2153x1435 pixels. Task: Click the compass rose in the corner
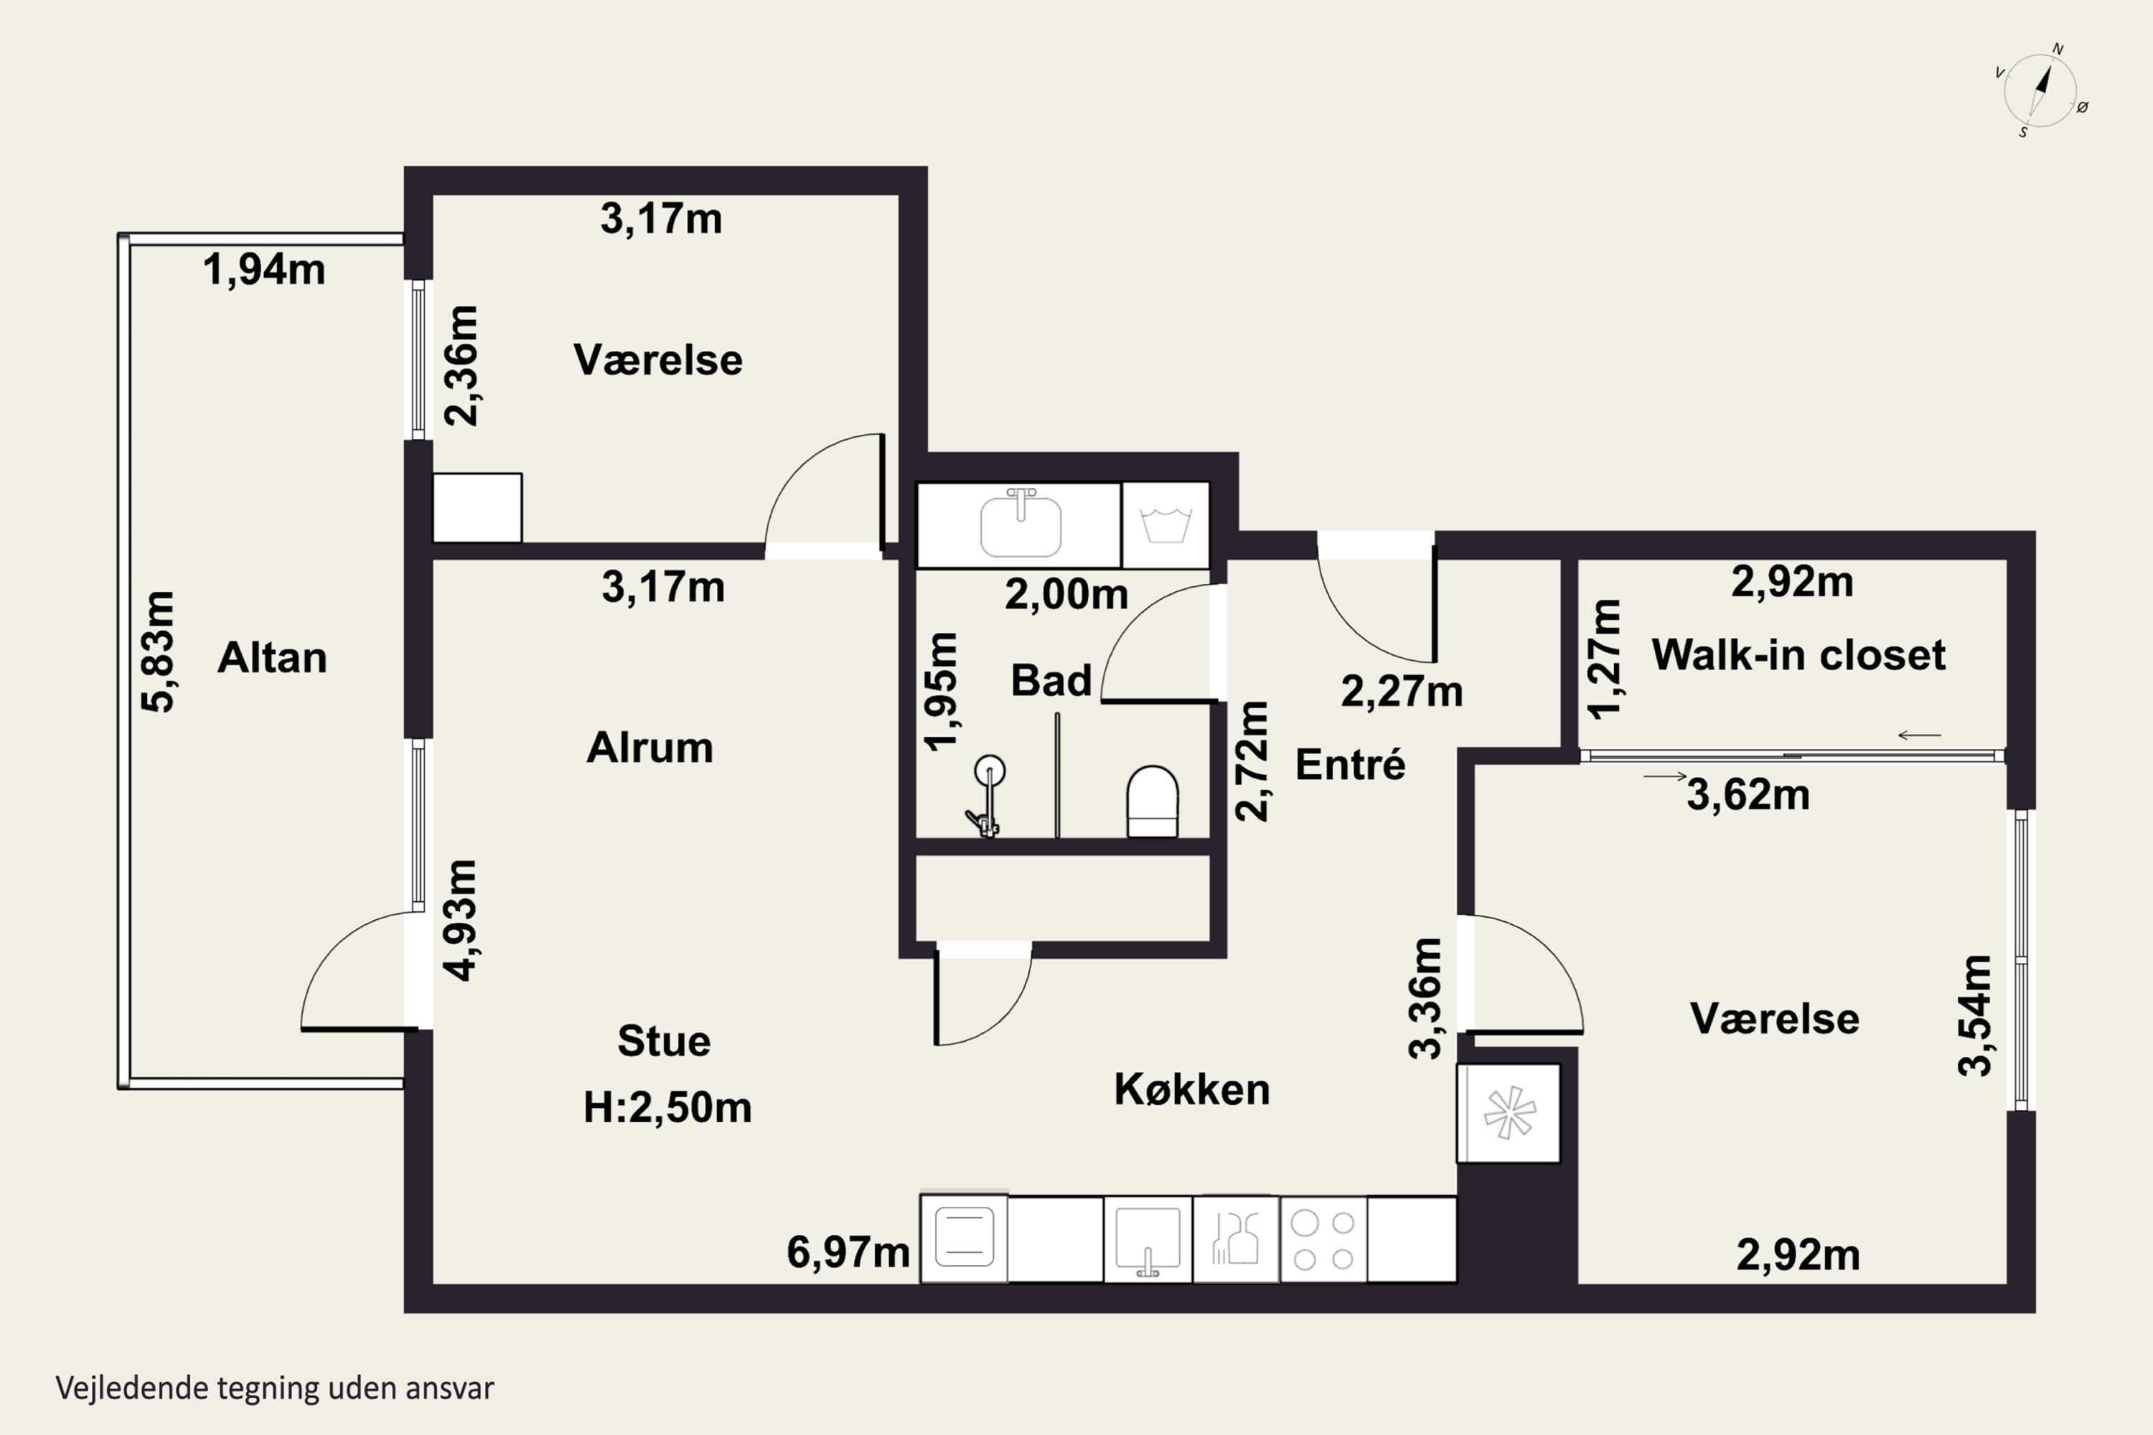[2040, 90]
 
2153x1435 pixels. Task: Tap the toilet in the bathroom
[1152, 801]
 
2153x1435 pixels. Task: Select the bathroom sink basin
[1021, 524]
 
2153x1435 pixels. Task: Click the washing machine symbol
[1165, 525]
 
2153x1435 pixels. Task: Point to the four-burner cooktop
[1323, 1240]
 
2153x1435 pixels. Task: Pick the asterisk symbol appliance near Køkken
[1509, 1113]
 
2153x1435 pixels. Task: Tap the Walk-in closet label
[1798, 655]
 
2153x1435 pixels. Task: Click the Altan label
[272, 658]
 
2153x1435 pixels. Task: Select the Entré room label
[1350, 764]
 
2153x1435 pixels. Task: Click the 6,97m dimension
[848, 1252]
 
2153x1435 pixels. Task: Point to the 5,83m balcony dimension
[157, 651]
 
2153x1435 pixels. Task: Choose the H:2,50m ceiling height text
[667, 1107]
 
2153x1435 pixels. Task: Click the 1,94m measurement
[263, 270]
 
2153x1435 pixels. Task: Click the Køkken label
[1192, 1089]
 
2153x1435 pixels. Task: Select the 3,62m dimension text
[1748, 794]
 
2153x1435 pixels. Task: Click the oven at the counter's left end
[964, 1238]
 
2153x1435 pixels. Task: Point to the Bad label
[1051, 680]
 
